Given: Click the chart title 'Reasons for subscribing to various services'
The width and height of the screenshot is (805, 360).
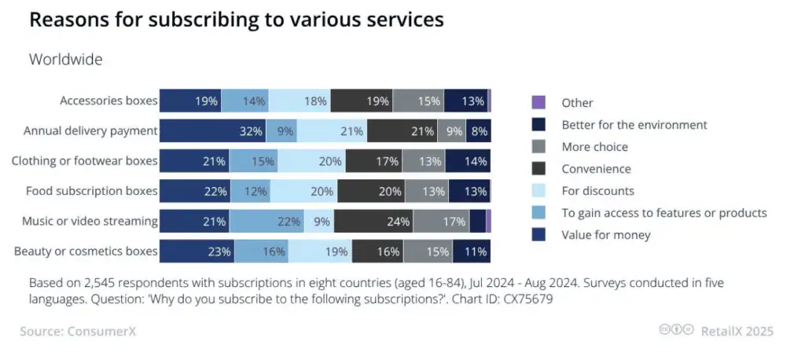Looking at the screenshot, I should coord(236,20).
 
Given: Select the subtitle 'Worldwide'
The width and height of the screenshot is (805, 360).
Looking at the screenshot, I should coord(65,59).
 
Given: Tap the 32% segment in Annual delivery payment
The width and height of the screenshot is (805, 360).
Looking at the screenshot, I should coord(213,131).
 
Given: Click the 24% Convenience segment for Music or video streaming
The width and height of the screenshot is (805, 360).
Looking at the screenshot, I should coord(373,222).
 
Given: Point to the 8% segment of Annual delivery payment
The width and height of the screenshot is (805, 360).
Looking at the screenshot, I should coord(478,131).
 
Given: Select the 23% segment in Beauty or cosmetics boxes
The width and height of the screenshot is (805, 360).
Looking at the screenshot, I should coord(197,252).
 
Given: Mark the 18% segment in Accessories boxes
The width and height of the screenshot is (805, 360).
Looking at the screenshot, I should coord(300,101).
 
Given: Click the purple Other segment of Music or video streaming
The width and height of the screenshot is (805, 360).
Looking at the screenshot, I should coord(488,222).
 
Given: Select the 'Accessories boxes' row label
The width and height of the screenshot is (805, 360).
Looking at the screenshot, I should coord(108,101).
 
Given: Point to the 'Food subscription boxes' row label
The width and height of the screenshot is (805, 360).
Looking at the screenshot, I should coord(91,191).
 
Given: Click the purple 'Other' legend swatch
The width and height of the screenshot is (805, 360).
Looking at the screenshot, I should coord(539,103).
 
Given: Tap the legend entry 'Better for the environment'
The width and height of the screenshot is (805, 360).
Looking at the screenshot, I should coord(634,124).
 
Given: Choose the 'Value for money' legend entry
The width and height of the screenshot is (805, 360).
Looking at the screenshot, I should coord(605,234).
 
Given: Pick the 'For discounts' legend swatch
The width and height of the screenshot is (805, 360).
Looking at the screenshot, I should coord(539,190).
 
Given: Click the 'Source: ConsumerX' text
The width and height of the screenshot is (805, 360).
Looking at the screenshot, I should coord(78,331).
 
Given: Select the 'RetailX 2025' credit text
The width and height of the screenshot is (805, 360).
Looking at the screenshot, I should coord(737,331).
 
